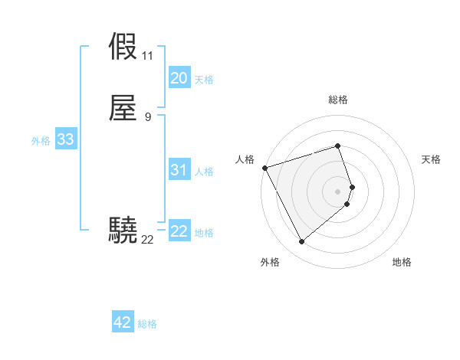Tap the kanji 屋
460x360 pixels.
point(123,108)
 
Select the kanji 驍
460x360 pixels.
point(123,229)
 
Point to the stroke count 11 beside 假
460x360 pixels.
point(147,56)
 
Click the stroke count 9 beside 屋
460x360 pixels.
point(147,116)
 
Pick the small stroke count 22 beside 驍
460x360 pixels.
point(147,239)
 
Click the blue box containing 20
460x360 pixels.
point(179,78)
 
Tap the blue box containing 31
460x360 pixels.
point(179,170)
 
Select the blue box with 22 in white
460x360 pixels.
point(179,231)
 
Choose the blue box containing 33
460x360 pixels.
point(65,139)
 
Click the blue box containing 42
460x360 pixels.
point(123,322)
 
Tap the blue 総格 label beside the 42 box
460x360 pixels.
point(147,324)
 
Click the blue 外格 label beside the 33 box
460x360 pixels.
point(41,141)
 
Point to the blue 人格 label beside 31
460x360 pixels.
point(205,172)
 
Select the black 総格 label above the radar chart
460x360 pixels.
point(338,100)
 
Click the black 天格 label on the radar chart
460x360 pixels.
point(431,159)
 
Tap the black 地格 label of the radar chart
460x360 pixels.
point(402,262)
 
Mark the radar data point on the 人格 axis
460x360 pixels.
point(264,168)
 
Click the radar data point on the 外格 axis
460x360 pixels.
point(301,242)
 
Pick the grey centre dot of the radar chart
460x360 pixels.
point(338,191)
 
